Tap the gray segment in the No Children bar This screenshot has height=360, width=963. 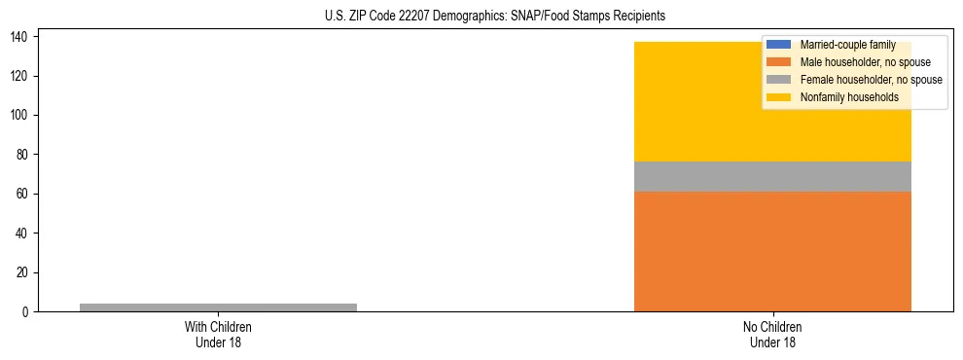(x=772, y=176)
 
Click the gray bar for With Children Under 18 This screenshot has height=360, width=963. (x=218, y=307)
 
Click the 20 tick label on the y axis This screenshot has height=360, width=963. (x=23, y=272)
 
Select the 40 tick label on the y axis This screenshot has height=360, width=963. (x=23, y=234)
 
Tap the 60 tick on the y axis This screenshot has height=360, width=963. (x=23, y=195)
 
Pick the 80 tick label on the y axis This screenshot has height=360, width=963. (x=23, y=155)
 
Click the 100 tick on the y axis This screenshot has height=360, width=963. (x=20, y=116)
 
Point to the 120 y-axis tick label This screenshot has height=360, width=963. (x=20, y=76)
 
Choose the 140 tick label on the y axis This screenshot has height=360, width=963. (x=20, y=37)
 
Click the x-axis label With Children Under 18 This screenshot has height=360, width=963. (x=218, y=334)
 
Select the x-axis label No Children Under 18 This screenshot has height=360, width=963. (x=772, y=334)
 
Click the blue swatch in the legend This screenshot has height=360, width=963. (x=779, y=45)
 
